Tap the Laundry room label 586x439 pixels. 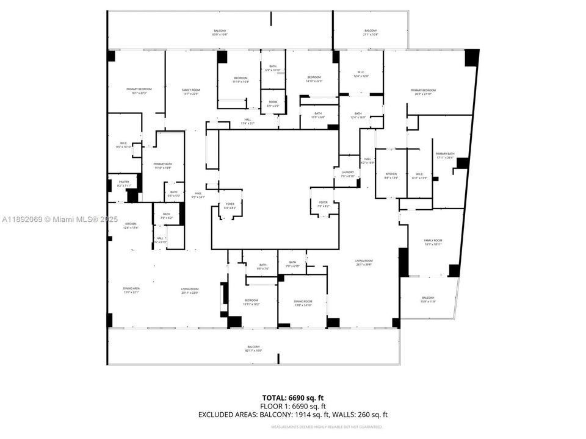click(x=348, y=174)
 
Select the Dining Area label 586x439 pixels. click(x=132, y=291)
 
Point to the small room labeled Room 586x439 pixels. click(x=273, y=104)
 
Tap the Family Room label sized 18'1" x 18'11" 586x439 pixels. click(x=433, y=242)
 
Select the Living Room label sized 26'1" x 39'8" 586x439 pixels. click(x=364, y=262)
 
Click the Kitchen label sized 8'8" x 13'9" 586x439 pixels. click(x=391, y=176)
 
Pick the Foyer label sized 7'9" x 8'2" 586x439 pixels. click(x=323, y=204)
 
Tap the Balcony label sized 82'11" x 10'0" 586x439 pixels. click(x=253, y=349)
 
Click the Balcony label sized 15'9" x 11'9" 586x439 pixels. click(x=428, y=299)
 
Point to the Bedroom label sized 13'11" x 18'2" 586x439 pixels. click(x=252, y=302)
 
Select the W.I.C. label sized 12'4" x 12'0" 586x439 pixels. click(x=361, y=74)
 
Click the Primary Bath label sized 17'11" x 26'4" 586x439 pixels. click(x=445, y=155)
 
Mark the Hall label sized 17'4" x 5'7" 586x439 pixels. click(x=247, y=121)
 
